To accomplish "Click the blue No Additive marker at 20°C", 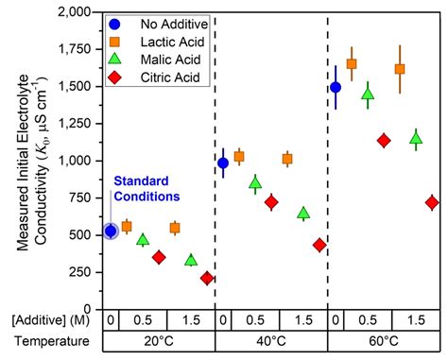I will pos(111,231).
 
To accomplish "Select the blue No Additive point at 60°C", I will pos(335,88).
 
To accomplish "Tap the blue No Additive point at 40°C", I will pos(223,163).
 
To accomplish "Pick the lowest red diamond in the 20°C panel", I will pos(207,278).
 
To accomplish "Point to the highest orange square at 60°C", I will pos(351,64).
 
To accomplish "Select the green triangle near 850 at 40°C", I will pos(255,183).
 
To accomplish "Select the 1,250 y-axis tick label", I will pos(77,124).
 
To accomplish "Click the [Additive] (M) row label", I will pos(46,320).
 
